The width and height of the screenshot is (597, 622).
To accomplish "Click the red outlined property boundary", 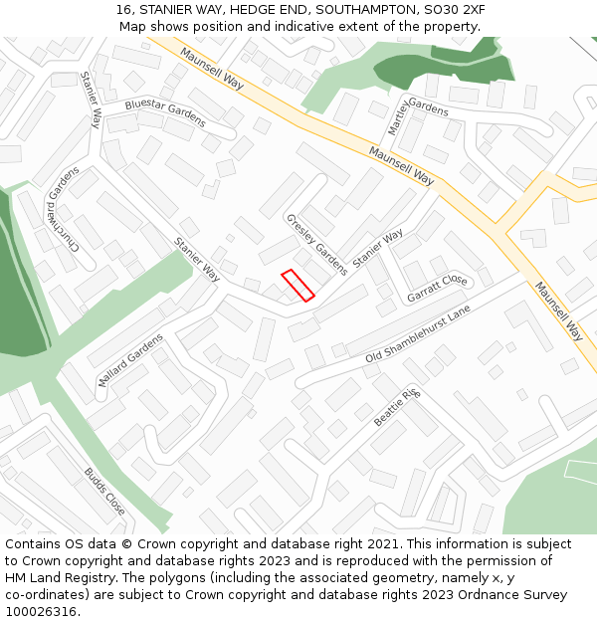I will (298, 285).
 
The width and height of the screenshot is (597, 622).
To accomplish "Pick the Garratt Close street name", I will (437, 289).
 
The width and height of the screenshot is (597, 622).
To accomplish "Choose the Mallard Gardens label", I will (130, 360).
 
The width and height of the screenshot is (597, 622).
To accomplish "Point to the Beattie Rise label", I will (398, 408).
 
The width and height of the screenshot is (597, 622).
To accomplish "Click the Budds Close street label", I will (104, 491).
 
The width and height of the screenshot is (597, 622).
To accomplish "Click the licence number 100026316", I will (41, 611).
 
